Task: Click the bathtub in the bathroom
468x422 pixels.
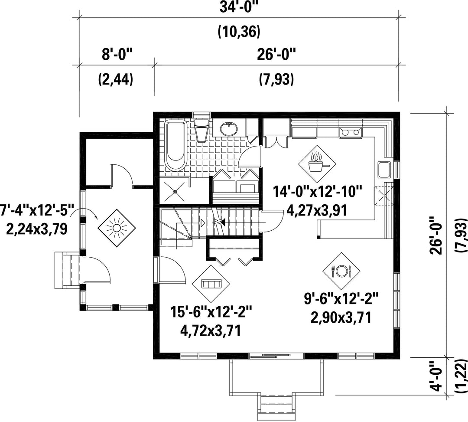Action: click(175, 145)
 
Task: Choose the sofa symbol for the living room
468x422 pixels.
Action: click(211, 284)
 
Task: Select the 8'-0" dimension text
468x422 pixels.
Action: click(117, 55)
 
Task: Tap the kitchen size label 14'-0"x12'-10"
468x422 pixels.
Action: click(318, 191)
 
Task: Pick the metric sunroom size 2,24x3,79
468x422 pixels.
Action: click(37, 229)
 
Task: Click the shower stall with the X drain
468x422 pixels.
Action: click(175, 190)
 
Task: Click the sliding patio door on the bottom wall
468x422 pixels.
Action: click(276, 355)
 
